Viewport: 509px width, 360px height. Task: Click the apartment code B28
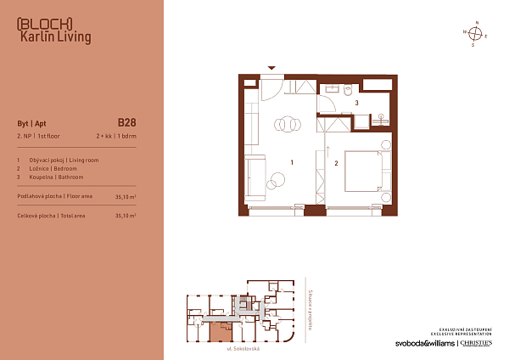tap(127, 121)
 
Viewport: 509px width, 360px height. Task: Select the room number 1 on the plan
tap(291, 161)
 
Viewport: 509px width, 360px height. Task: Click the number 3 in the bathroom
tap(356, 103)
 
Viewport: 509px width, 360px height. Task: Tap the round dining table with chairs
tap(287, 124)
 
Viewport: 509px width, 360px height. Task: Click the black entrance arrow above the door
tap(271, 67)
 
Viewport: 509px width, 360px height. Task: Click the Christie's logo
tap(479, 343)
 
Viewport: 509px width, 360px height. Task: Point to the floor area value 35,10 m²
tap(125, 196)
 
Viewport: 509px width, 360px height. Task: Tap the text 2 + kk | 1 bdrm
tap(115, 136)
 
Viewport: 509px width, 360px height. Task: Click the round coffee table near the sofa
tap(276, 180)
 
